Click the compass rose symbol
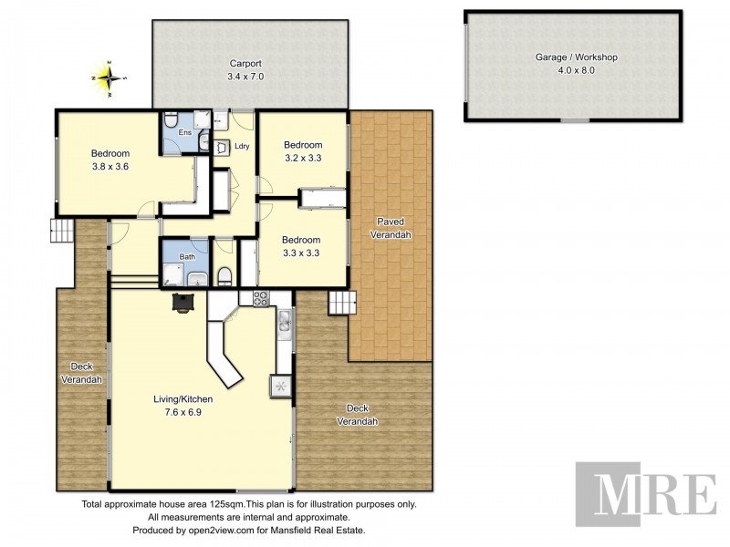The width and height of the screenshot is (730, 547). click(x=109, y=77)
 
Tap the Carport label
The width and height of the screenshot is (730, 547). click(x=245, y=64)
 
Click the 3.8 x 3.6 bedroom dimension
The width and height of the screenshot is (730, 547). click(x=109, y=167)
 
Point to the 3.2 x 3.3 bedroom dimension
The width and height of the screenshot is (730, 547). click(x=302, y=159)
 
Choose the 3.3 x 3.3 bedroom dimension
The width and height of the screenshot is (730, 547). click(x=302, y=253)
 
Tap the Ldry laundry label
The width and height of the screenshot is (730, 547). click(x=242, y=146)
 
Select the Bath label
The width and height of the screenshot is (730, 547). click(x=186, y=257)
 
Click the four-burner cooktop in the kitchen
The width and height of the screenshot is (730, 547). click(x=258, y=297)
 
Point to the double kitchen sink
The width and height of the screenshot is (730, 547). click(x=285, y=322)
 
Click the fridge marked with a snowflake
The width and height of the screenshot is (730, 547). click(x=280, y=385)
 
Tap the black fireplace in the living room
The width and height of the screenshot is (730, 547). click(x=183, y=302)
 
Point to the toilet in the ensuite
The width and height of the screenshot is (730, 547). click(x=172, y=120)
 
